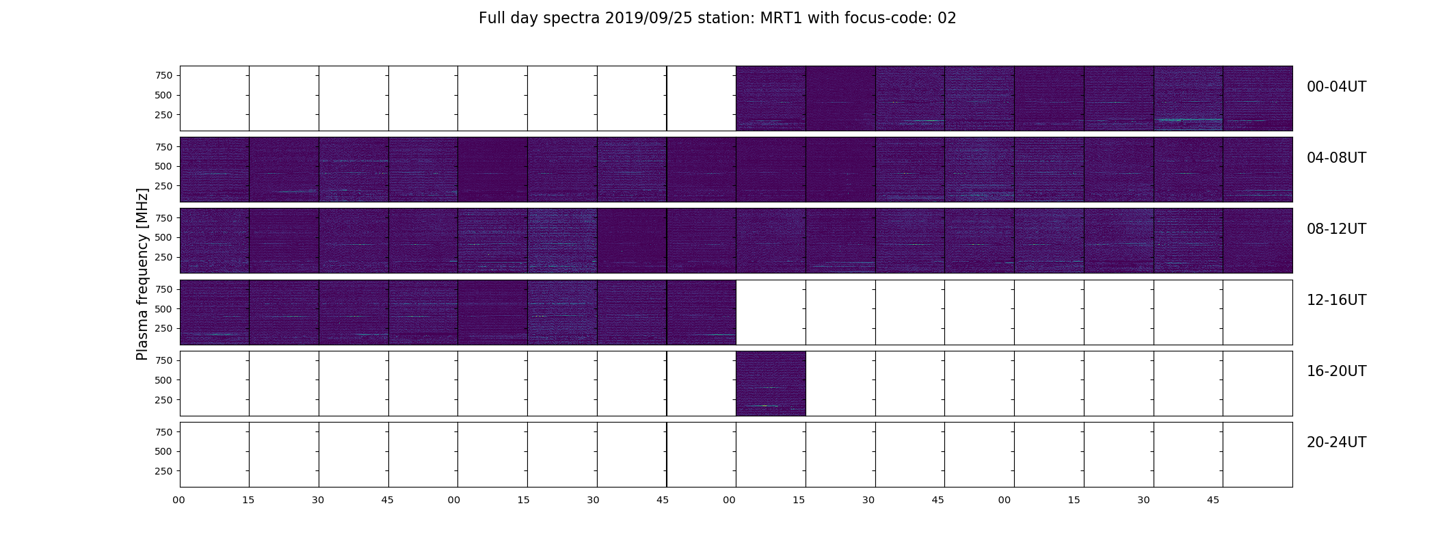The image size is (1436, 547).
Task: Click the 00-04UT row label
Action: tap(1336, 87)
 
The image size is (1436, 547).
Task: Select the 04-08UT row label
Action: tap(1336, 158)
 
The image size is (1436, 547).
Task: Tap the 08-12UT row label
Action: tap(1336, 229)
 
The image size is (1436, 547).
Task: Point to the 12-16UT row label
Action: tap(1336, 300)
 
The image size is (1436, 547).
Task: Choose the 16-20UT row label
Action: tap(1336, 371)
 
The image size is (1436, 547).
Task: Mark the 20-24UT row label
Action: tap(1336, 442)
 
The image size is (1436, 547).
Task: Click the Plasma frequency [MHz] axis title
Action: tap(142, 274)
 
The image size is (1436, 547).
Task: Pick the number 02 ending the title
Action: tap(946, 18)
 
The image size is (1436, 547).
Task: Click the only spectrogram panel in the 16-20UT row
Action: tap(771, 384)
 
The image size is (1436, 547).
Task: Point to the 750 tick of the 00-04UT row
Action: tap(163, 75)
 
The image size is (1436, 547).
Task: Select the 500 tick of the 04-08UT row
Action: tap(163, 166)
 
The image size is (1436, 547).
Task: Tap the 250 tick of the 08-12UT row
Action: tap(163, 257)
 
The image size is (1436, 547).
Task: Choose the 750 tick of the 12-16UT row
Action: tap(163, 289)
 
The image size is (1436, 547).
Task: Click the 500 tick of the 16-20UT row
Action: tap(163, 380)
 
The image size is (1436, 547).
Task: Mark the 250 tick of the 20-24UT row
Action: tap(163, 471)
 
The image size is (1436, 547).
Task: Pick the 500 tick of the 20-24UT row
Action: tap(163, 451)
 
